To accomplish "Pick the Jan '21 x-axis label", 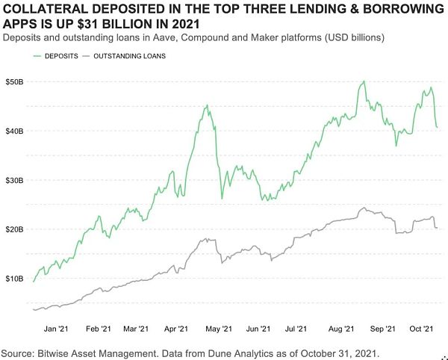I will pyautogui.click(x=57, y=328).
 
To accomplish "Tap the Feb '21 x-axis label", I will pyautogui.click(x=99, y=328).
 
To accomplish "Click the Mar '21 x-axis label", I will pyautogui.click(x=135, y=328).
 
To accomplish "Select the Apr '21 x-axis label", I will pyautogui.click(x=176, y=328).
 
